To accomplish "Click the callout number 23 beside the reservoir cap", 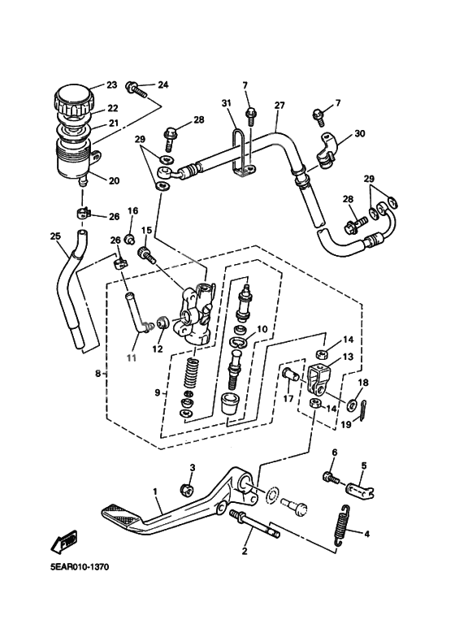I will (x=111, y=85).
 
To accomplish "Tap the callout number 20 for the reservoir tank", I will (x=113, y=180).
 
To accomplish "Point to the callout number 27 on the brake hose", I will (x=279, y=106).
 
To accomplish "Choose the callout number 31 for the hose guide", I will (x=227, y=102).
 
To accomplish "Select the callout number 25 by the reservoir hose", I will (x=55, y=237).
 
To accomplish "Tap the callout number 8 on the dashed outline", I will (x=97, y=374).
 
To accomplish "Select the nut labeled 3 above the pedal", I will (x=185, y=488).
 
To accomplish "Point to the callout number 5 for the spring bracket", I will (x=364, y=466).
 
